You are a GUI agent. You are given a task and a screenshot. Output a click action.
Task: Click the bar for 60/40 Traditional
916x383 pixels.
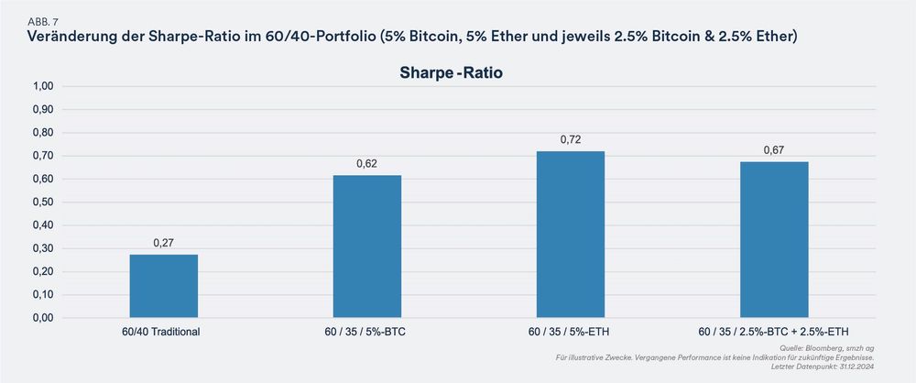pyautogui.click(x=164, y=286)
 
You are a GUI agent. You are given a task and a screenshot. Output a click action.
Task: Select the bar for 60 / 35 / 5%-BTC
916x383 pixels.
pyautogui.click(x=367, y=246)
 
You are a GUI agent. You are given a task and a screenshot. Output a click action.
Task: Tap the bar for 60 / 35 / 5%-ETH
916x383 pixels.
pyautogui.click(x=571, y=235)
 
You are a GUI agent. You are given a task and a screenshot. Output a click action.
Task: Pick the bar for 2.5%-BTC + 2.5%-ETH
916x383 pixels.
pyautogui.click(x=774, y=240)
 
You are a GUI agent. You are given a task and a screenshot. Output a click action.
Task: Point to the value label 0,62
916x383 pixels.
pyautogui.click(x=367, y=164)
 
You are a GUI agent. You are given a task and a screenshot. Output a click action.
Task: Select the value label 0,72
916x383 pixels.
pyautogui.click(x=571, y=140)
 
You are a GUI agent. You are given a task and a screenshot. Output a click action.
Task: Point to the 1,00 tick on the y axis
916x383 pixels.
pyautogui.click(x=44, y=86)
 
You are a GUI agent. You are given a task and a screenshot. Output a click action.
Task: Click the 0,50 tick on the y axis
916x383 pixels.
pyautogui.click(x=44, y=202)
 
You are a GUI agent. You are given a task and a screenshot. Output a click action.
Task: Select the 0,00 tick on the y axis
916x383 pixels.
pyautogui.click(x=44, y=318)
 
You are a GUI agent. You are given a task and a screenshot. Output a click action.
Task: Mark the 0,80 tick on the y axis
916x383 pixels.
pyautogui.click(x=44, y=133)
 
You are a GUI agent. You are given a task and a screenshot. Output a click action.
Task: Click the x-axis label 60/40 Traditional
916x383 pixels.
pyautogui.click(x=164, y=332)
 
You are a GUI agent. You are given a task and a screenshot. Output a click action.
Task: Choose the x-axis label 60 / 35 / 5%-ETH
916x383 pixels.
pyautogui.click(x=571, y=332)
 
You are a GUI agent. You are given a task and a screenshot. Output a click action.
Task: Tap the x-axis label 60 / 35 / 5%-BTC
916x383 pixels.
pyautogui.click(x=367, y=332)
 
